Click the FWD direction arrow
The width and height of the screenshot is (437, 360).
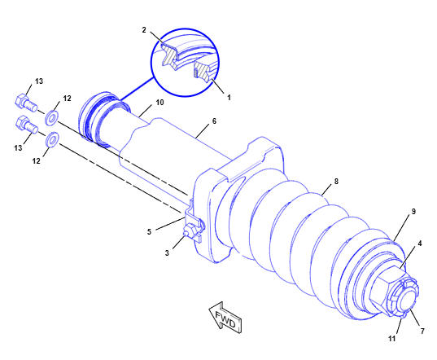(x=225, y=318)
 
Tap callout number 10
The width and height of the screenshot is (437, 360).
(x=160, y=103)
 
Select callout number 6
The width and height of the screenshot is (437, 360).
(x=214, y=121)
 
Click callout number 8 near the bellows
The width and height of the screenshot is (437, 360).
(x=336, y=182)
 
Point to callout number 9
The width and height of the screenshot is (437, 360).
(x=413, y=212)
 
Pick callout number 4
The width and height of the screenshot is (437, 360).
(x=420, y=244)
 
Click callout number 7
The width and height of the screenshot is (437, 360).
(x=422, y=331)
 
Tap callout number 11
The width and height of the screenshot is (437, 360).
(x=392, y=339)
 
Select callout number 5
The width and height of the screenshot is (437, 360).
(x=149, y=232)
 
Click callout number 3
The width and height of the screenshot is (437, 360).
(x=167, y=253)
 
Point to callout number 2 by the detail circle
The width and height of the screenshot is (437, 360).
(x=144, y=30)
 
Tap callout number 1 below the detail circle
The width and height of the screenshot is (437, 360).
(x=229, y=97)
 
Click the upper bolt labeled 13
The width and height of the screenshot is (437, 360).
(x=26, y=103)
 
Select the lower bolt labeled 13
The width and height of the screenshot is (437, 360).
(x=27, y=125)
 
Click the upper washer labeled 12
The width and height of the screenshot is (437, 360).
(x=51, y=117)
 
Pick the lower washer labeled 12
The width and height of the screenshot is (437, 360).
(x=52, y=139)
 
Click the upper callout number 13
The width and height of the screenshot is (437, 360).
(x=39, y=81)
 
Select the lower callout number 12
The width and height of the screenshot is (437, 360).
(x=37, y=161)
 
